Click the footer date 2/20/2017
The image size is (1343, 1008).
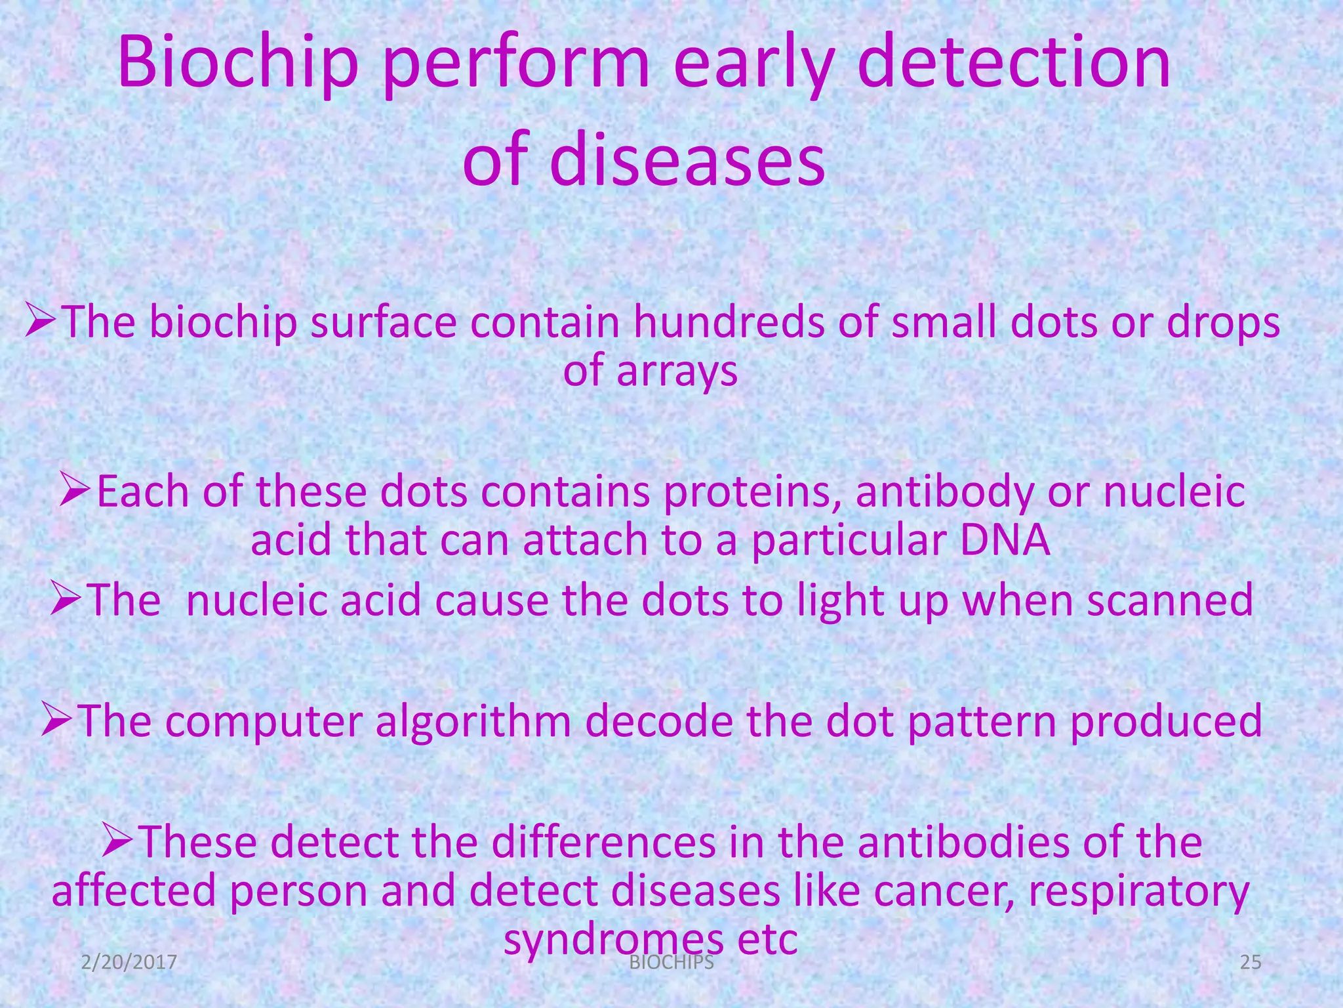point(129,962)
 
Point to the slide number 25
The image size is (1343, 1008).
point(1251,962)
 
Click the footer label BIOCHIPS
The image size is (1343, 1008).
point(671,962)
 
